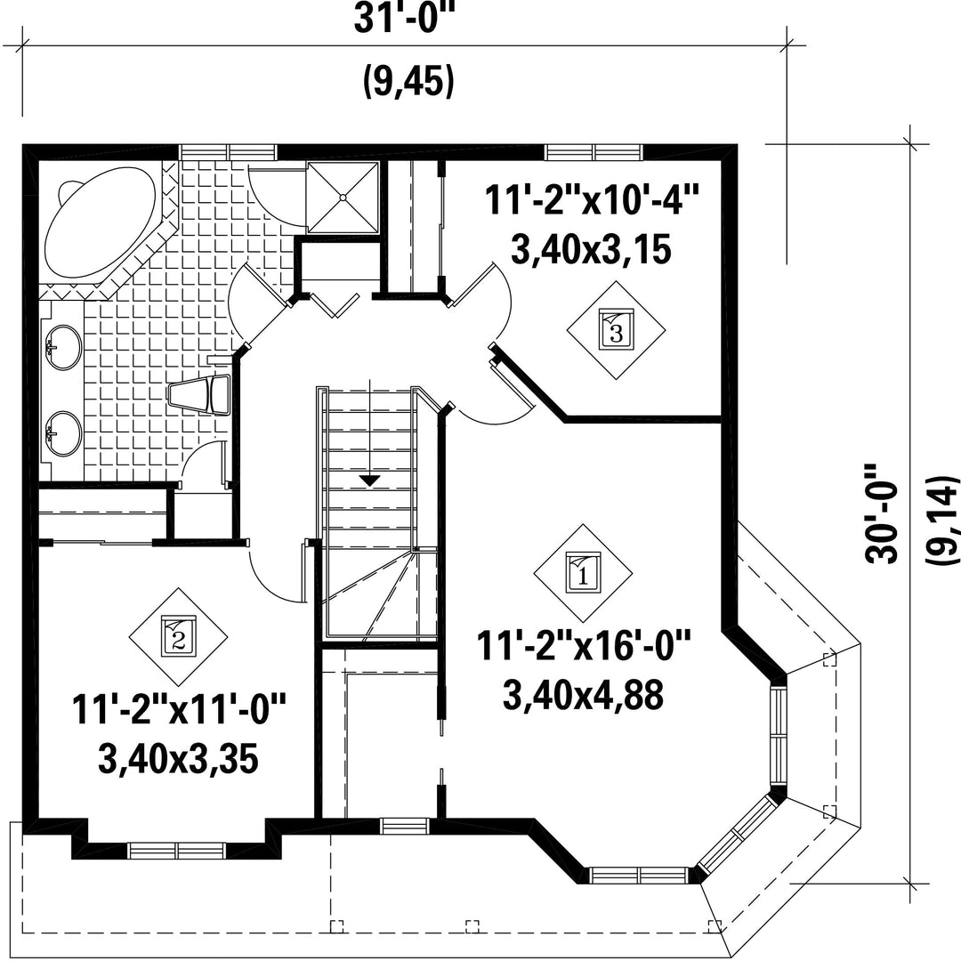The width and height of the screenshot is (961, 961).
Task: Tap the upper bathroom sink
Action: pyautogui.click(x=63, y=348)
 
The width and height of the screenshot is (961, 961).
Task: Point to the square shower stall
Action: pyautogui.click(x=343, y=198)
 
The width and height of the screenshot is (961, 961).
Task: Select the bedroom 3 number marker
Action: pyautogui.click(x=616, y=330)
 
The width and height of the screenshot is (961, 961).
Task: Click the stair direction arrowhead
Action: pyautogui.click(x=369, y=481)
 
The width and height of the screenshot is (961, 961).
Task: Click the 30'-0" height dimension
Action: pyautogui.click(x=881, y=513)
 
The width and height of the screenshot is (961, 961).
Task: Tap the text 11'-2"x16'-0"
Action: pyautogui.click(x=584, y=647)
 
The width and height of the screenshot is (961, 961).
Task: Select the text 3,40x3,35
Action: pyautogui.click(x=178, y=759)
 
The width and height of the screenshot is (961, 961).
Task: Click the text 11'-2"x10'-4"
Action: pyautogui.click(x=592, y=200)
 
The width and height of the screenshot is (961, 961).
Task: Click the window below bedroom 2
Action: pyautogui.click(x=177, y=850)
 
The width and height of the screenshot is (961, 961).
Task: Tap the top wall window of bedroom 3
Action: pyautogui.click(x=594, y=151)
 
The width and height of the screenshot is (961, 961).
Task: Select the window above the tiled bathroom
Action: pyautogui.click(x=228, y=151)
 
